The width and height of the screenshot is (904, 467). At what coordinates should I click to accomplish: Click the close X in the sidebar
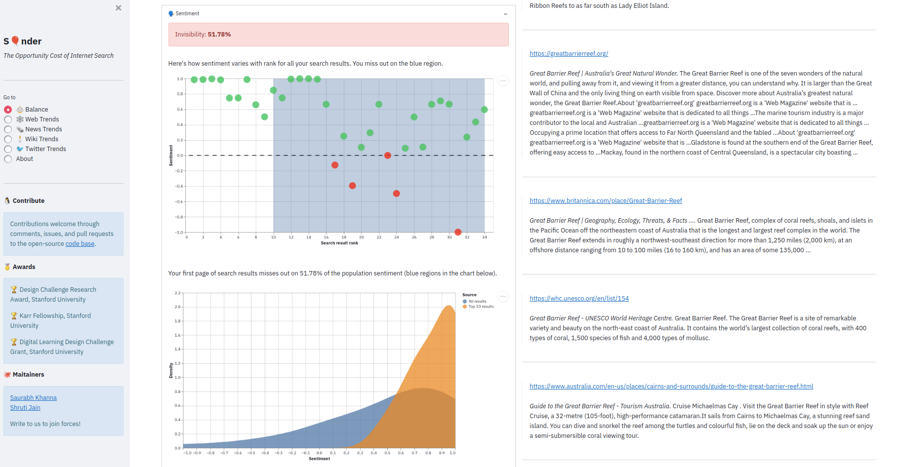coord(119,8)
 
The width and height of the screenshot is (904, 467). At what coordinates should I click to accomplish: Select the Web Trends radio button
coord(8,119)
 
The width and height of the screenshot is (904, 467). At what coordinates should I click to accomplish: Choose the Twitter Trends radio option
coord(8,149)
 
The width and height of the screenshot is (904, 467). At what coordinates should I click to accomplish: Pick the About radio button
coord(8,159)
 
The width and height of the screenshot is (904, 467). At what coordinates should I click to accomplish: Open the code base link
coord(80,244)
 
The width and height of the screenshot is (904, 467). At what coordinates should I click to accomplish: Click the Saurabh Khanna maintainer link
coord(34,398)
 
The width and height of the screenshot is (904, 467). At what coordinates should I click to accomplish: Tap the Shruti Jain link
coord(25,408)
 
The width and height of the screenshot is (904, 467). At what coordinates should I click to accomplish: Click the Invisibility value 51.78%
coord(219,35)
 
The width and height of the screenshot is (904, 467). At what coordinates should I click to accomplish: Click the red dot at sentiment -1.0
coord(458,232)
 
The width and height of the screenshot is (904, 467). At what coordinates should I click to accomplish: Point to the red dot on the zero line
coord(388,156)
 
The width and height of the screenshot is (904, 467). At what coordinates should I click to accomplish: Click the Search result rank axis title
coord(339,243)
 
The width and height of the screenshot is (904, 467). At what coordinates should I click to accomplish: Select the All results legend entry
coord(477,301)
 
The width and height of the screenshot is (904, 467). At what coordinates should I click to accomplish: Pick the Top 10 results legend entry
coord(480,307)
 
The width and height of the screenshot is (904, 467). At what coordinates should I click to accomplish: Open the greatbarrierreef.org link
coord(569,54)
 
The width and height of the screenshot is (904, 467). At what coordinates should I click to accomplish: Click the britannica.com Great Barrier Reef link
coord(606,201)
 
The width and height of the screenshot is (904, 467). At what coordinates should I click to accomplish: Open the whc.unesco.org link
coord(579,299)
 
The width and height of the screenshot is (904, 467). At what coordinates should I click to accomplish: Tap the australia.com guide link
coord(671,387)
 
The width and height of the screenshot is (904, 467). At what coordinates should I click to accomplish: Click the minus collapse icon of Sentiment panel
coord(505,14)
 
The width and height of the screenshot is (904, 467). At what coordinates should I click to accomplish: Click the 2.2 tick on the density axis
coord(177,293)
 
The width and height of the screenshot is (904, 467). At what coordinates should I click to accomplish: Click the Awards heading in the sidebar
coord(24,267)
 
